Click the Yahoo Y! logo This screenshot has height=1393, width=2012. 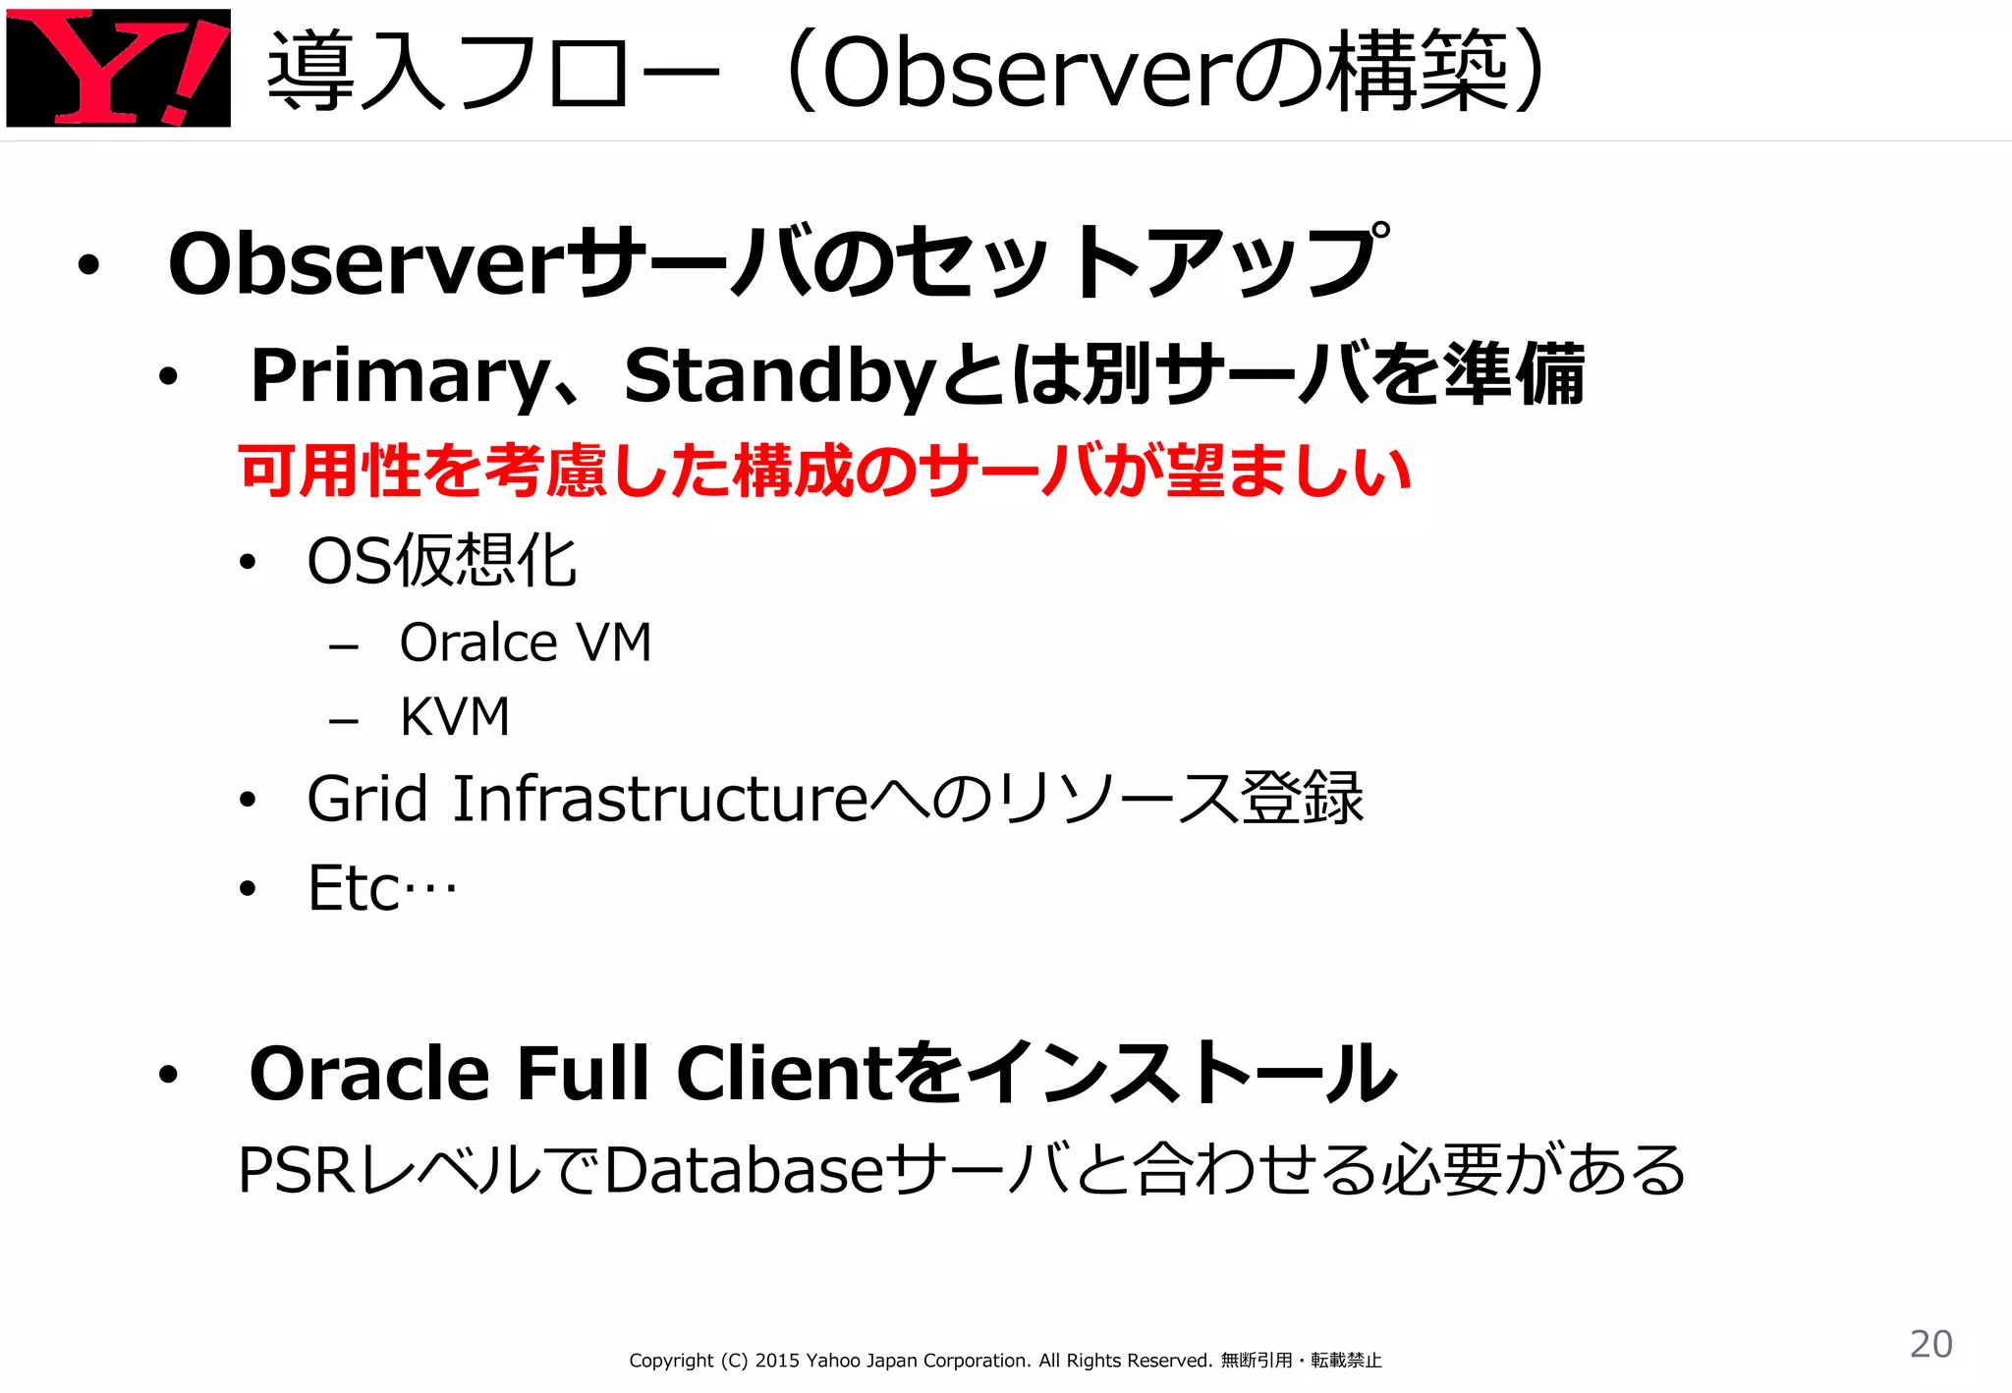pyautogui.click(x=118, y=68)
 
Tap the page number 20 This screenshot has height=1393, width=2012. pyautogui.click(x=1930, y=1343)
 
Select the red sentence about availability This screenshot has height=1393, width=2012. pyautogui.click(x=823, y=471)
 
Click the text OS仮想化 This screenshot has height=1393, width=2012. pyautogui.click(x=441, y=561)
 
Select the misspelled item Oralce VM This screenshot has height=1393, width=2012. pyautogui.click(x=525, y=643)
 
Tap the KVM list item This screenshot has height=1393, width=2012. pyautogui.click(x=455, y=716)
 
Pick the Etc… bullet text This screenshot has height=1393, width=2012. pyautogui.click(x=381, y=888)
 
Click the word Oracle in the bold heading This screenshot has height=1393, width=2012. pyautogui.click(x=369, y=1073)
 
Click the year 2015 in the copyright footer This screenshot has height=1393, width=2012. pyautogui.click(x=777, y=1361)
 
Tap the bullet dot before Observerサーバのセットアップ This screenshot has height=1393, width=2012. pyautogui.click(x=89, y=265)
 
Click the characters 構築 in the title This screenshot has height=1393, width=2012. pyautogui.click(x=1418, y=72)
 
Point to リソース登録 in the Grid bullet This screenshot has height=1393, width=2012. pyautogui.click(x=1179, y=798)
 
